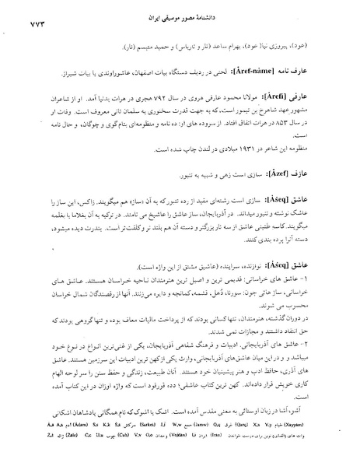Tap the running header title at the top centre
(x=180, y=15)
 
